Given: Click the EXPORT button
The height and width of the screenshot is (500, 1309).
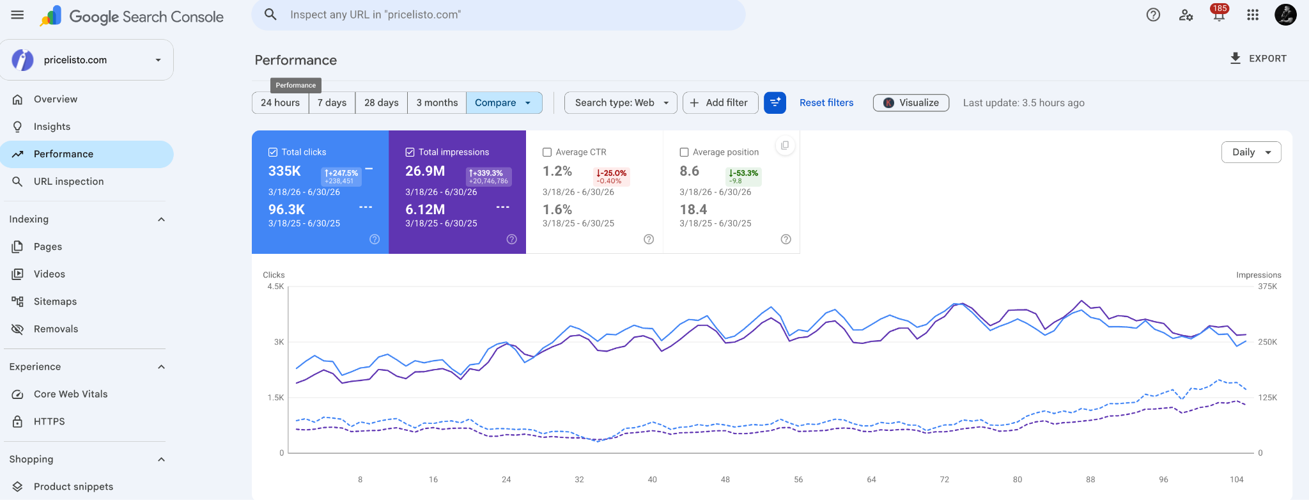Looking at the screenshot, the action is (1258, 58).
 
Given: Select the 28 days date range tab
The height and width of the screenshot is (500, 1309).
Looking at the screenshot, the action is (381, 103).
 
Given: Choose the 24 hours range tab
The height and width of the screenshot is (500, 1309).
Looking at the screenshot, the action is (280, 103).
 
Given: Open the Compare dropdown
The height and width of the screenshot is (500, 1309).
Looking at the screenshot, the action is (504, 103).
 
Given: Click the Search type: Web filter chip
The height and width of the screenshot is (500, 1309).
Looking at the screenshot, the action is (621, 103).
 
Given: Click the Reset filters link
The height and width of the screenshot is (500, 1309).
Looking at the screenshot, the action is (826, 103).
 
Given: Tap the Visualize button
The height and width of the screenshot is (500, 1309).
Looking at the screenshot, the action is (911, 103).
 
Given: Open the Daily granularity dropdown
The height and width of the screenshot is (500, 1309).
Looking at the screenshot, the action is (1251, 152).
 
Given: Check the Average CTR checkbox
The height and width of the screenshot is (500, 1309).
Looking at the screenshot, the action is (547, 152).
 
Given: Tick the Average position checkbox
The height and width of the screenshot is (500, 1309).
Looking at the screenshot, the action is (684, 152).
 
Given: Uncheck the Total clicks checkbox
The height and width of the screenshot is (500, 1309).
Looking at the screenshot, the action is (273, 152).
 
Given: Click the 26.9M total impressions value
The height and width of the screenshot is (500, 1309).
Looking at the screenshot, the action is (425, 171).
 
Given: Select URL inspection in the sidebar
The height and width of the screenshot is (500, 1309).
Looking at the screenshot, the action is (68, 182).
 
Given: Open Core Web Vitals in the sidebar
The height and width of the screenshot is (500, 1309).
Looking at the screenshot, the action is (70, 395).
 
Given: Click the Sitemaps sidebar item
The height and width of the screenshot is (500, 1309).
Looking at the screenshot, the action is (55, 302).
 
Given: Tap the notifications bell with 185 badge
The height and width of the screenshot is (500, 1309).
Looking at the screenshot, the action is (1219, 15).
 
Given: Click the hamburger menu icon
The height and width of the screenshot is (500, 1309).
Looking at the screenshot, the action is (17, 15).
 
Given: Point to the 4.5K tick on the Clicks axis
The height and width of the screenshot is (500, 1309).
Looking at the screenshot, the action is (275, 286).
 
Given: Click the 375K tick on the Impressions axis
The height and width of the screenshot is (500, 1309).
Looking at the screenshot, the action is (1267, 286).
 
